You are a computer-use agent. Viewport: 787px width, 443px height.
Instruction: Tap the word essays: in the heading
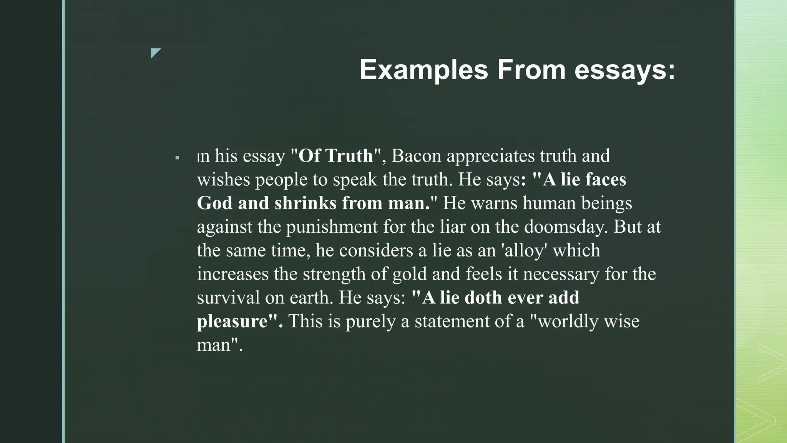click(x=624, y=70)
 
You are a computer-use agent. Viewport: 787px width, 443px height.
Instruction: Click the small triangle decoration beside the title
click(x=155, y=53)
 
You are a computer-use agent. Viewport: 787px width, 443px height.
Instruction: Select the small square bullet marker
click(x=177, y=158)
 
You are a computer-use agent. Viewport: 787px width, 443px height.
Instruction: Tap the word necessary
click(x=561, y=274)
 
